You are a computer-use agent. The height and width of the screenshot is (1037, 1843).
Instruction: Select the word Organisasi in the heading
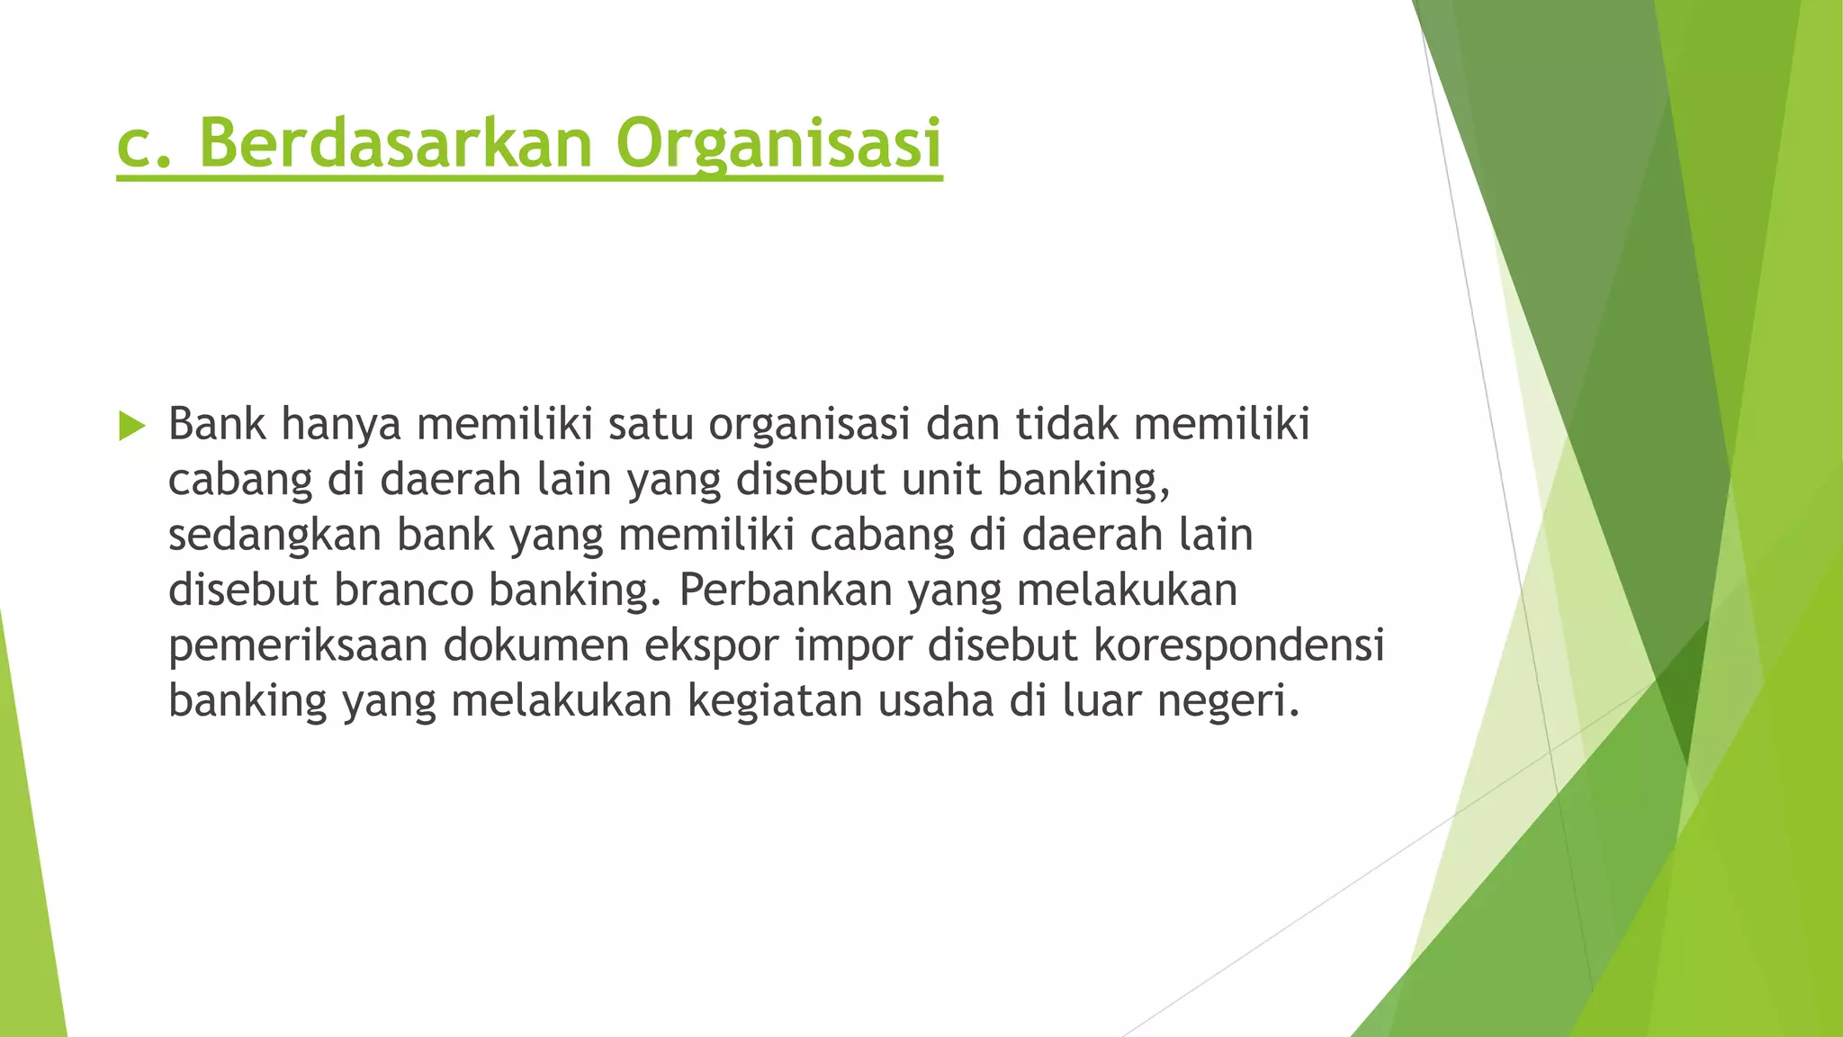[778, 143]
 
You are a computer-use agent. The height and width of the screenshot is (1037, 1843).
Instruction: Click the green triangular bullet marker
[131, 426]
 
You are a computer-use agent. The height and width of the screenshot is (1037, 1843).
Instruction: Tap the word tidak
[1066, 424]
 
